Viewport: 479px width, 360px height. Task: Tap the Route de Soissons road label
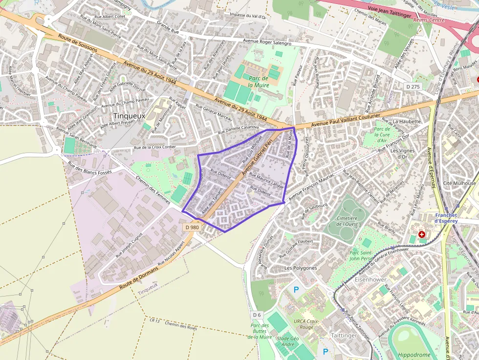(78, 43)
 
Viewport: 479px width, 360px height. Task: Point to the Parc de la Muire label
(258, 82)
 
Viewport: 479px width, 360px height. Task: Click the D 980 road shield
(192, 227)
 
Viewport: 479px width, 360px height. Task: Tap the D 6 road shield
(257, 314)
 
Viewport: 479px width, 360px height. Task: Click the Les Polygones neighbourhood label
(301, 268)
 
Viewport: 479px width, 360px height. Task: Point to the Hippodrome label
(414, 355)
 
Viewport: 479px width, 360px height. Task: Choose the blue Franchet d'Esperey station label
(446, 218)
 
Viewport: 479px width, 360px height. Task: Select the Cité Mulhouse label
(459, 183)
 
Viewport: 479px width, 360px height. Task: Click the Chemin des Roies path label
(181, 325)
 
